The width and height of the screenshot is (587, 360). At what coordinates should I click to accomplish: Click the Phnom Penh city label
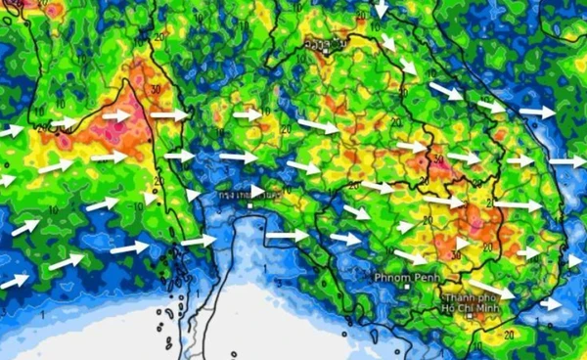click(x=401, y=277)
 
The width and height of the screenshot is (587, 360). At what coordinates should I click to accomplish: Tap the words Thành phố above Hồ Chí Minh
click(x=469, y=296)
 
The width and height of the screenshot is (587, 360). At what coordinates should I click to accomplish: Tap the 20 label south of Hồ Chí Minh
click(x=509, y=334)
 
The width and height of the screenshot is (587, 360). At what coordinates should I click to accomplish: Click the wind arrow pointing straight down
click(x=381, y=10)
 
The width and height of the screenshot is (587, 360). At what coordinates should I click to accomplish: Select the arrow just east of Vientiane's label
click(x=389, y=42)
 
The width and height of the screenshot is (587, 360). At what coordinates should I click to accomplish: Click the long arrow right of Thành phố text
click(x=494, y=290)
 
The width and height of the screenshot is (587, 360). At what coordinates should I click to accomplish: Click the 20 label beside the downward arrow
click(x=362, y=14)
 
